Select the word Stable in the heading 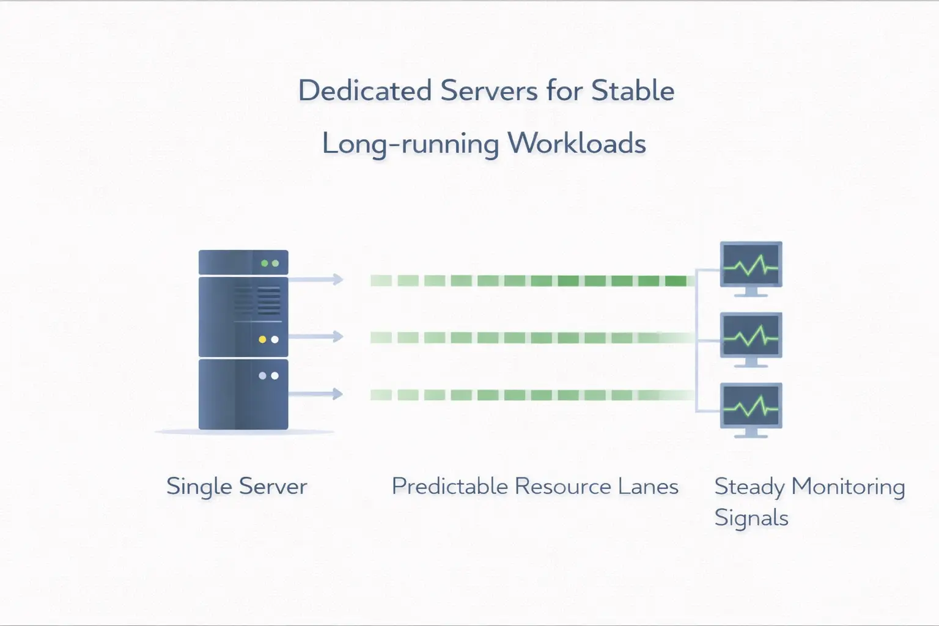[x=633, y=91]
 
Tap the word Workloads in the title [x=576, y=144]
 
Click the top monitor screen [x=751, y=265]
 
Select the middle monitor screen [x=751, y=336]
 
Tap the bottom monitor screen [x=751, y=406]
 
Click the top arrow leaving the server [x=317, y=279]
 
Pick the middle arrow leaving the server [x=317, y=336]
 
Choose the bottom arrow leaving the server [x=317, y=394]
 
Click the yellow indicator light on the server [x=262, y=339]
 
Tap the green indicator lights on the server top [x=270, y=263]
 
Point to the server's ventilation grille [x=257, y=300]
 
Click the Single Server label [x=237, y=487]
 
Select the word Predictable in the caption [x=449, y=487]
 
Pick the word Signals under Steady [x=751, y=518]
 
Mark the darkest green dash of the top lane [x=676, y=281]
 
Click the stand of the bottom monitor [x=751, y=433]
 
